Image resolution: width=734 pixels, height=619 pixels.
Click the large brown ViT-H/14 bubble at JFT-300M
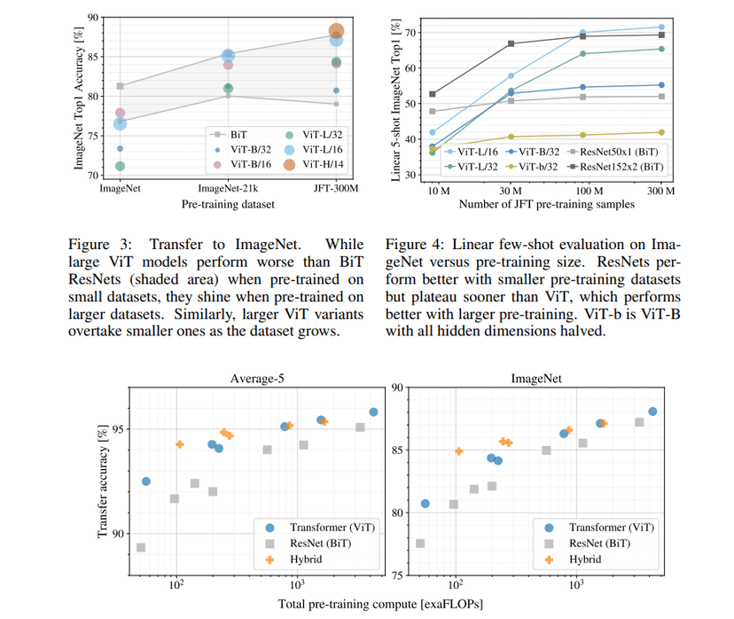click(x=336, y=32)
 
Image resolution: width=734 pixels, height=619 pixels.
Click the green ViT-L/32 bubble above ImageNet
click(x=120, y=166)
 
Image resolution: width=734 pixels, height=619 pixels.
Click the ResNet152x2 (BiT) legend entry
click(x=622, y=165)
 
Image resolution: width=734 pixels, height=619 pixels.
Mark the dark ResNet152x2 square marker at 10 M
click(x=433, y=94)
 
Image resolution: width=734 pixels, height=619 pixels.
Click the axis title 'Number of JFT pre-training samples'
click(x=547, y=205)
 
